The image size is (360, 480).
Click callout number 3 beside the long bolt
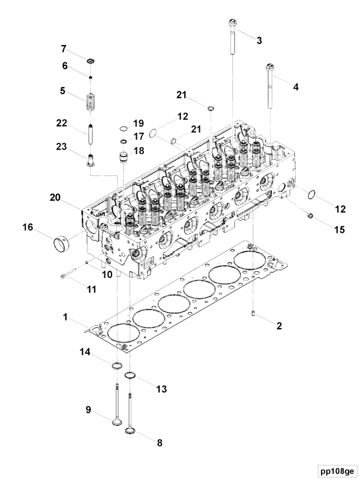pos(259,41)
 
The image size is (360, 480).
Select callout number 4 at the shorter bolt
pos(295,87)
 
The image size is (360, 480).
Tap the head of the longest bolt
pos(233,23)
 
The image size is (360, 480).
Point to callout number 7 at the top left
pos(80,49)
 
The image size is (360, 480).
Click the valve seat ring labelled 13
pos(130,377)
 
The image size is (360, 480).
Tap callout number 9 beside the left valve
pos(89,410)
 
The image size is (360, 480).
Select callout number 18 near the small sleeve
pos(139,151)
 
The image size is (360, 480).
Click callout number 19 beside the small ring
pos(139,124)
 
